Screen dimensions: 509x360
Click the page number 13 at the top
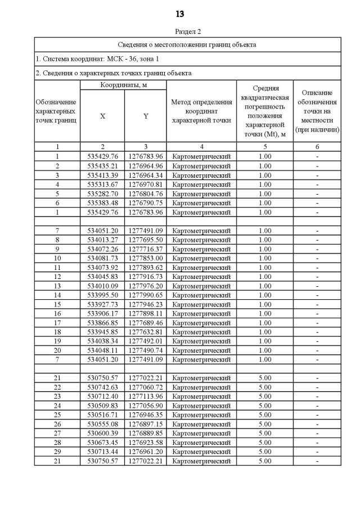179,14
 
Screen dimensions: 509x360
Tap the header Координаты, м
123,85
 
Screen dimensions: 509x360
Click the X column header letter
102,116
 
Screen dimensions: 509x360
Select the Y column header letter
146,116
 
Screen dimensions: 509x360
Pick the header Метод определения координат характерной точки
201,111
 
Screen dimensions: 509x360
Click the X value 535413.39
102,175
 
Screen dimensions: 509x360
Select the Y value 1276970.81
146,184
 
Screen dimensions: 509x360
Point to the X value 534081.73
102,258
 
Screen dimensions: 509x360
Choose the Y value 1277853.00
146,258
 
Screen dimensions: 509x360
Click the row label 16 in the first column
57,313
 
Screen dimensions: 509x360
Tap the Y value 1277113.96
146,397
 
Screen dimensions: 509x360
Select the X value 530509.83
102,406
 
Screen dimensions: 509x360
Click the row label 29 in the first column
57,452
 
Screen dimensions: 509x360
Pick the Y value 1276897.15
146,424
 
